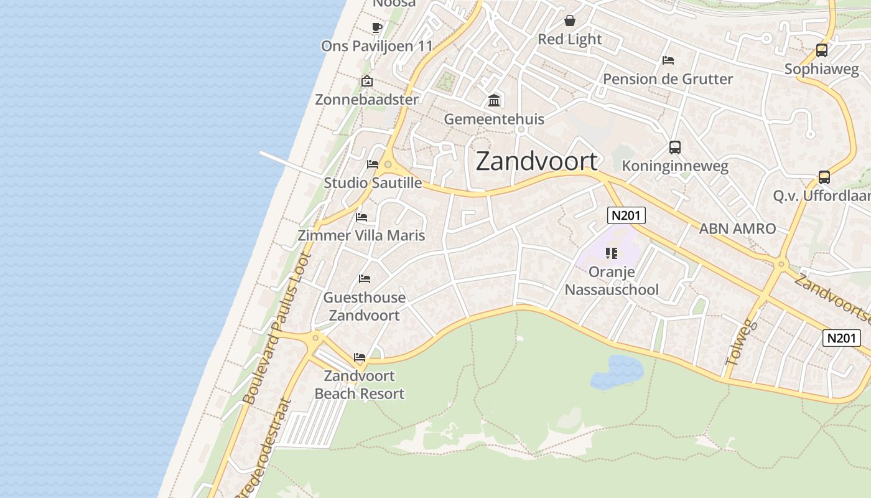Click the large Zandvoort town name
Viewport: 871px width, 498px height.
[536, 161]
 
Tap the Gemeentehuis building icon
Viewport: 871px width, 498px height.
[495, 100]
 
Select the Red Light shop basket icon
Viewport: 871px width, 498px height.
[570, 21]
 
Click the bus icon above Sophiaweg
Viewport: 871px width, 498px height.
[821, 50]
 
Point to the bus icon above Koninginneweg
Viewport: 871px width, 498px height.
[675, 148]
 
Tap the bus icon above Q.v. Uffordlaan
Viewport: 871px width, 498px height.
[824, 177]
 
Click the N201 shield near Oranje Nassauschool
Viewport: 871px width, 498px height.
[626, 215]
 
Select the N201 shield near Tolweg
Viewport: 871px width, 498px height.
[842, 338]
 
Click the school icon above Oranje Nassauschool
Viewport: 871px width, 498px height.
[612, 253]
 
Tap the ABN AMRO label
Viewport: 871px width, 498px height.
[737, 228]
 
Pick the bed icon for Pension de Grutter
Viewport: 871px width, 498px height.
[668, 60]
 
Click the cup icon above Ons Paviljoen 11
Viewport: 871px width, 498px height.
[376, 27]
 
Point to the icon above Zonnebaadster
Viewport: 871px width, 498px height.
[367, 81]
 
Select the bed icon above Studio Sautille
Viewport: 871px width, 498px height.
[373, 164]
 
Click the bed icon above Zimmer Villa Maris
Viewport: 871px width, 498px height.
[361, 217]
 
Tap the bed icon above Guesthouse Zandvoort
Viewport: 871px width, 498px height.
[365, 278]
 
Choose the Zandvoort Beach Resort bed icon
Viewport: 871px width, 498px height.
[360, 357]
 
